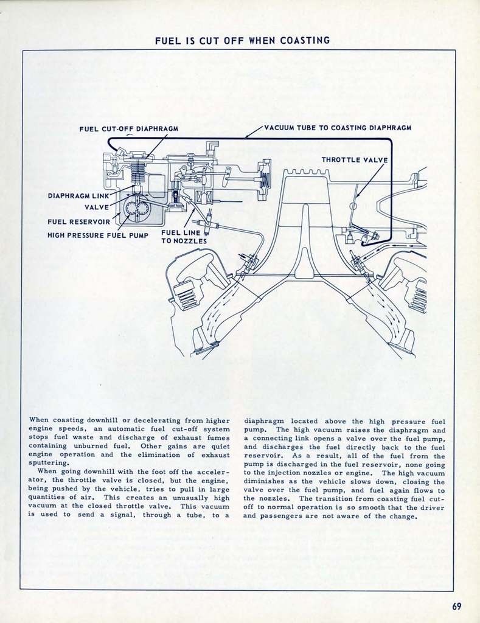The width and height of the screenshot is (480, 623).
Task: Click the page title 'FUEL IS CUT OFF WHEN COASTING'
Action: click(242, 41)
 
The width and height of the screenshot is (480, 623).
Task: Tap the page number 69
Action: click(457, 605)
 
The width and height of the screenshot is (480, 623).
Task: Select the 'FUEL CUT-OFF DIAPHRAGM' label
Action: click(128, 129)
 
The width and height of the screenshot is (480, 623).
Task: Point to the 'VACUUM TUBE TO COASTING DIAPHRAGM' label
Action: click(338, 128)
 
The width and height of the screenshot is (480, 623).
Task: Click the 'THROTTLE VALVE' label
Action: click(354, 160)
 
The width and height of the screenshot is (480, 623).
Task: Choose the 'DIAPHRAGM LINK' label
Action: click(78, 196)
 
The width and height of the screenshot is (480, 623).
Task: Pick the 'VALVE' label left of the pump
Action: click(97, 207)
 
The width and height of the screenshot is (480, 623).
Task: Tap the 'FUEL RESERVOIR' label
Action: click(79, 221)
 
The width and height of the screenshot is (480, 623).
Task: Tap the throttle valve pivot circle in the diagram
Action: click(352, 206)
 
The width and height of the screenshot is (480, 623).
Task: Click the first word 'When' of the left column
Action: click(38, 420)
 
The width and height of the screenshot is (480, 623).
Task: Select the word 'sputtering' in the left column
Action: click(52, 462)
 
